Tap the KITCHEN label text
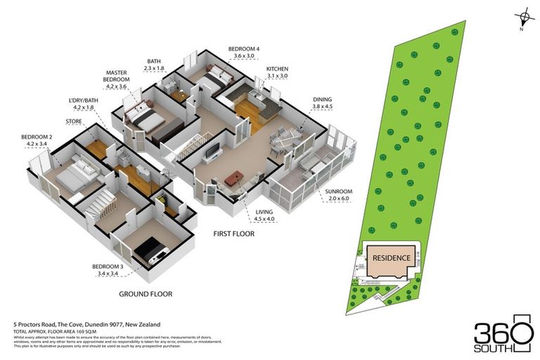click(x=277, y=69)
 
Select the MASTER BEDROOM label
click(x=116, y=72)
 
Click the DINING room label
click(x=323, y=100)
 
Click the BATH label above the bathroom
click(x=154, y=61)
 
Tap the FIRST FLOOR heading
click(x=234, y=232)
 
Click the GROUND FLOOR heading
click(x=146, y=294)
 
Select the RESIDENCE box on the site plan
click(x=390, y=257)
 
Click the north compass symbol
click(x=521, y=16)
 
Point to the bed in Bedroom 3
click(x=150, y=250)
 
